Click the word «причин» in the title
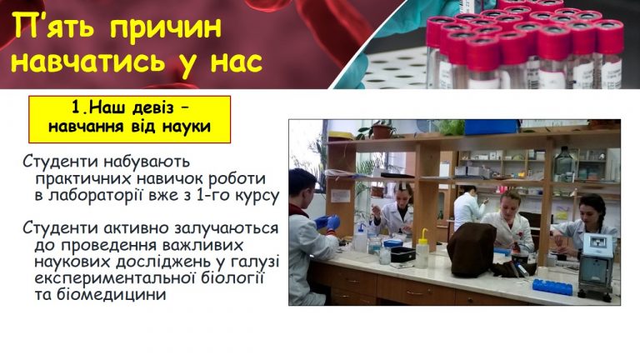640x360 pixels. (166, 27)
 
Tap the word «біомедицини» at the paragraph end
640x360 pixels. (100, 294)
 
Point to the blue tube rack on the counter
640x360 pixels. (552, 286)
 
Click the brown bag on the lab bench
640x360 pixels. (472, 249)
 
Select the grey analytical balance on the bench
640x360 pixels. (596, 266)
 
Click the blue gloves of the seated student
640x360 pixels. (327, 222)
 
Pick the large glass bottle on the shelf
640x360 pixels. (565, 164)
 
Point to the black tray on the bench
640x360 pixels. (402, 254)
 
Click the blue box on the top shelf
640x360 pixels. (491, 127)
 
